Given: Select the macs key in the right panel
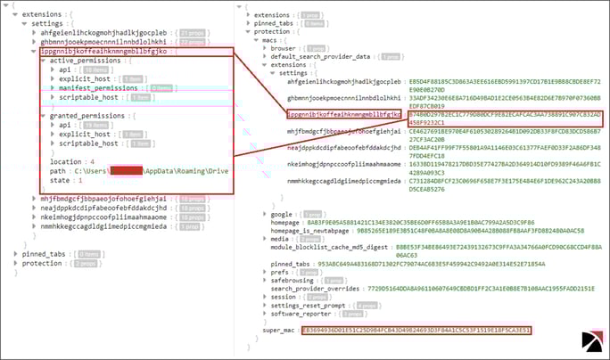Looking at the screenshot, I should tap(279, 40).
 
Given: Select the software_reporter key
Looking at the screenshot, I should tap(301, 314).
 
